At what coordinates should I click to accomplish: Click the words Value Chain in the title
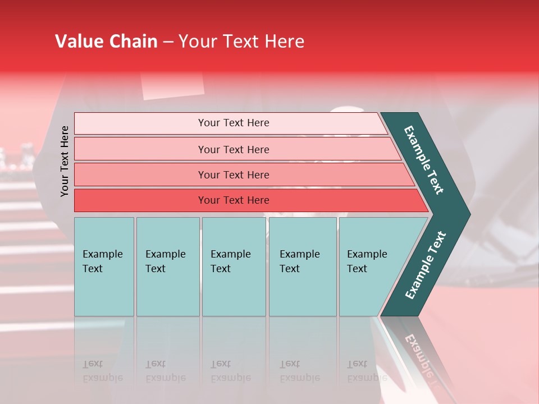[106, 42]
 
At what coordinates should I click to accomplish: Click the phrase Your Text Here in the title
[241, 42]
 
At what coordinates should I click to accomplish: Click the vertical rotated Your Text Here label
[65, 161]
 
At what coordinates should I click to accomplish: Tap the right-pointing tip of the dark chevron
[466, 214]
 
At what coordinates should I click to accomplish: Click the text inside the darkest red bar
[234, 200]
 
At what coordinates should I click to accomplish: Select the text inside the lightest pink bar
[234, 123]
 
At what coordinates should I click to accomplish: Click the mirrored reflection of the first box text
[103, 371]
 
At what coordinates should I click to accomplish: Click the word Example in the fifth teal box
[367, 254]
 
